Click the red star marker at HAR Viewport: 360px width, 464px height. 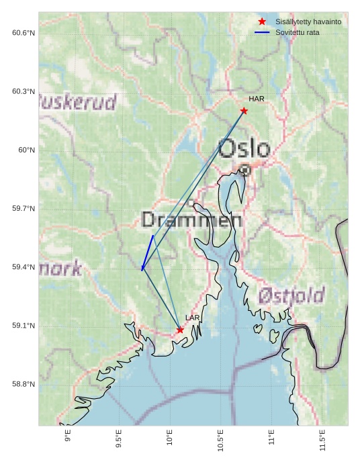tap(244, 111)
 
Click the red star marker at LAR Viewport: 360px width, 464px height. tap(180, 330)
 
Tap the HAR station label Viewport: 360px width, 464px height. tap(257, 99)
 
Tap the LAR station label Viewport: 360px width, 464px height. tap(193, 318)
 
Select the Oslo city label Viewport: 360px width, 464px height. tap(244, 149)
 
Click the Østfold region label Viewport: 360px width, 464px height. tap(291, 295)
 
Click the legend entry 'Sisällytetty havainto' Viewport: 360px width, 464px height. tap(308, 21)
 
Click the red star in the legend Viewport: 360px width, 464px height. tap(262, 21)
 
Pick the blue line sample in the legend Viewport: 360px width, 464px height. tap(262, 32)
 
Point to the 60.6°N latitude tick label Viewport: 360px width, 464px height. tap(24, 33)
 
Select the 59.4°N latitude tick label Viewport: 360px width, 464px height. tap(24, 267)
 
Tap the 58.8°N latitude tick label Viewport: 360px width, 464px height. tap(24, 384)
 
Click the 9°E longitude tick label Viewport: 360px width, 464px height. tap(68, 436)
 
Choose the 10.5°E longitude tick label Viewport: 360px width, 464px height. tap(220, 440)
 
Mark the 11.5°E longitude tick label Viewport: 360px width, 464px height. tap(322, 440)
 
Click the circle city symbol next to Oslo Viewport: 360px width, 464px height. tap(245, 171)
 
